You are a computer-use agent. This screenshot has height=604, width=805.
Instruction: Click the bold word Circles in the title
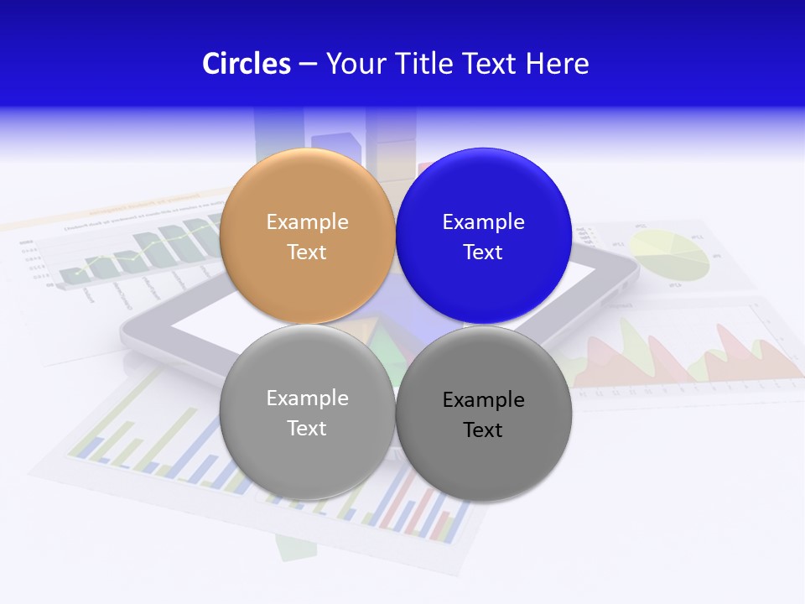tap(247, 64)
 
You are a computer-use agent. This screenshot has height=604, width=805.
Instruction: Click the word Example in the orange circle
tap(307, 222)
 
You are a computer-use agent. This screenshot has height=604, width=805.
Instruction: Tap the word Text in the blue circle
tap(483, 253)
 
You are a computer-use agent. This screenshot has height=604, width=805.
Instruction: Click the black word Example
tap(483, 400)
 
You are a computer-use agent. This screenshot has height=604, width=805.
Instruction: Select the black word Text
tap(483, 430)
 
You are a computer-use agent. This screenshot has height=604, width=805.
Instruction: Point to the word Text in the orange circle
tap(307, 253)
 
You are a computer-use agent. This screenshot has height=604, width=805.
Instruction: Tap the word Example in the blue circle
tap(483, 222)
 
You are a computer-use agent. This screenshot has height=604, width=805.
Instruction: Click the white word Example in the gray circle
tap(307, 398)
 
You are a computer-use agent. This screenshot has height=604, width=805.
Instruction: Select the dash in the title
tap(308, 64)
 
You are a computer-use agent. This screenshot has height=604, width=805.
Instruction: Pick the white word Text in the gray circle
tap(307, 429)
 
